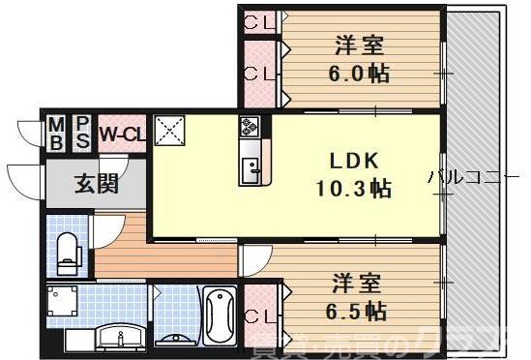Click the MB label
coord(57,133)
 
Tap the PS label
coord(83,133)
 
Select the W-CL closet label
coord(122,134)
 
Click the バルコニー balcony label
coord(476,178)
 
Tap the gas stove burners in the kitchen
coord(251,127)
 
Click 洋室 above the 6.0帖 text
coord(360,45)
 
